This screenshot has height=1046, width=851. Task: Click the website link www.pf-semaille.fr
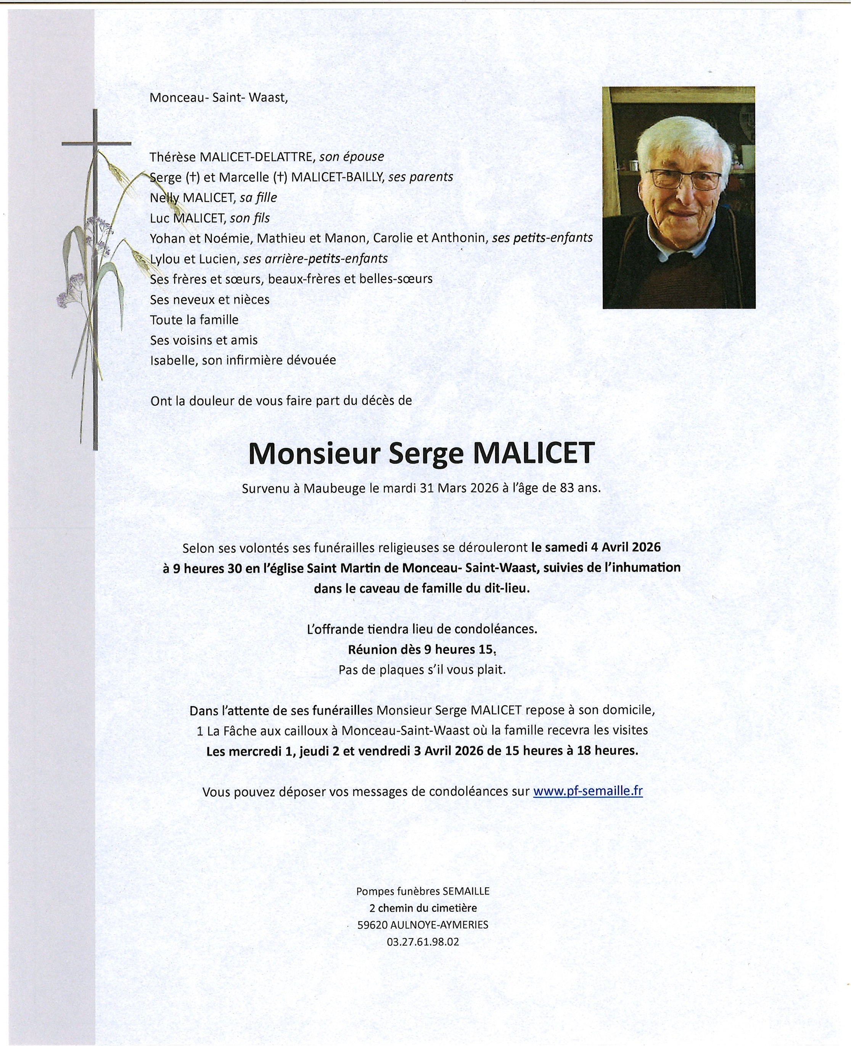[587, 791]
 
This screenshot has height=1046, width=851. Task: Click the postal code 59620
[372, 925]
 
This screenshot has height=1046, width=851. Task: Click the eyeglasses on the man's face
[684, 179]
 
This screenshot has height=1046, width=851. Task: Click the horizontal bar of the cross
[96, 143]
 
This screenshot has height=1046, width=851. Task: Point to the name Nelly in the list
[165, 198]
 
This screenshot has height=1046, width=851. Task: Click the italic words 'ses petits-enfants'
[542, 238]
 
